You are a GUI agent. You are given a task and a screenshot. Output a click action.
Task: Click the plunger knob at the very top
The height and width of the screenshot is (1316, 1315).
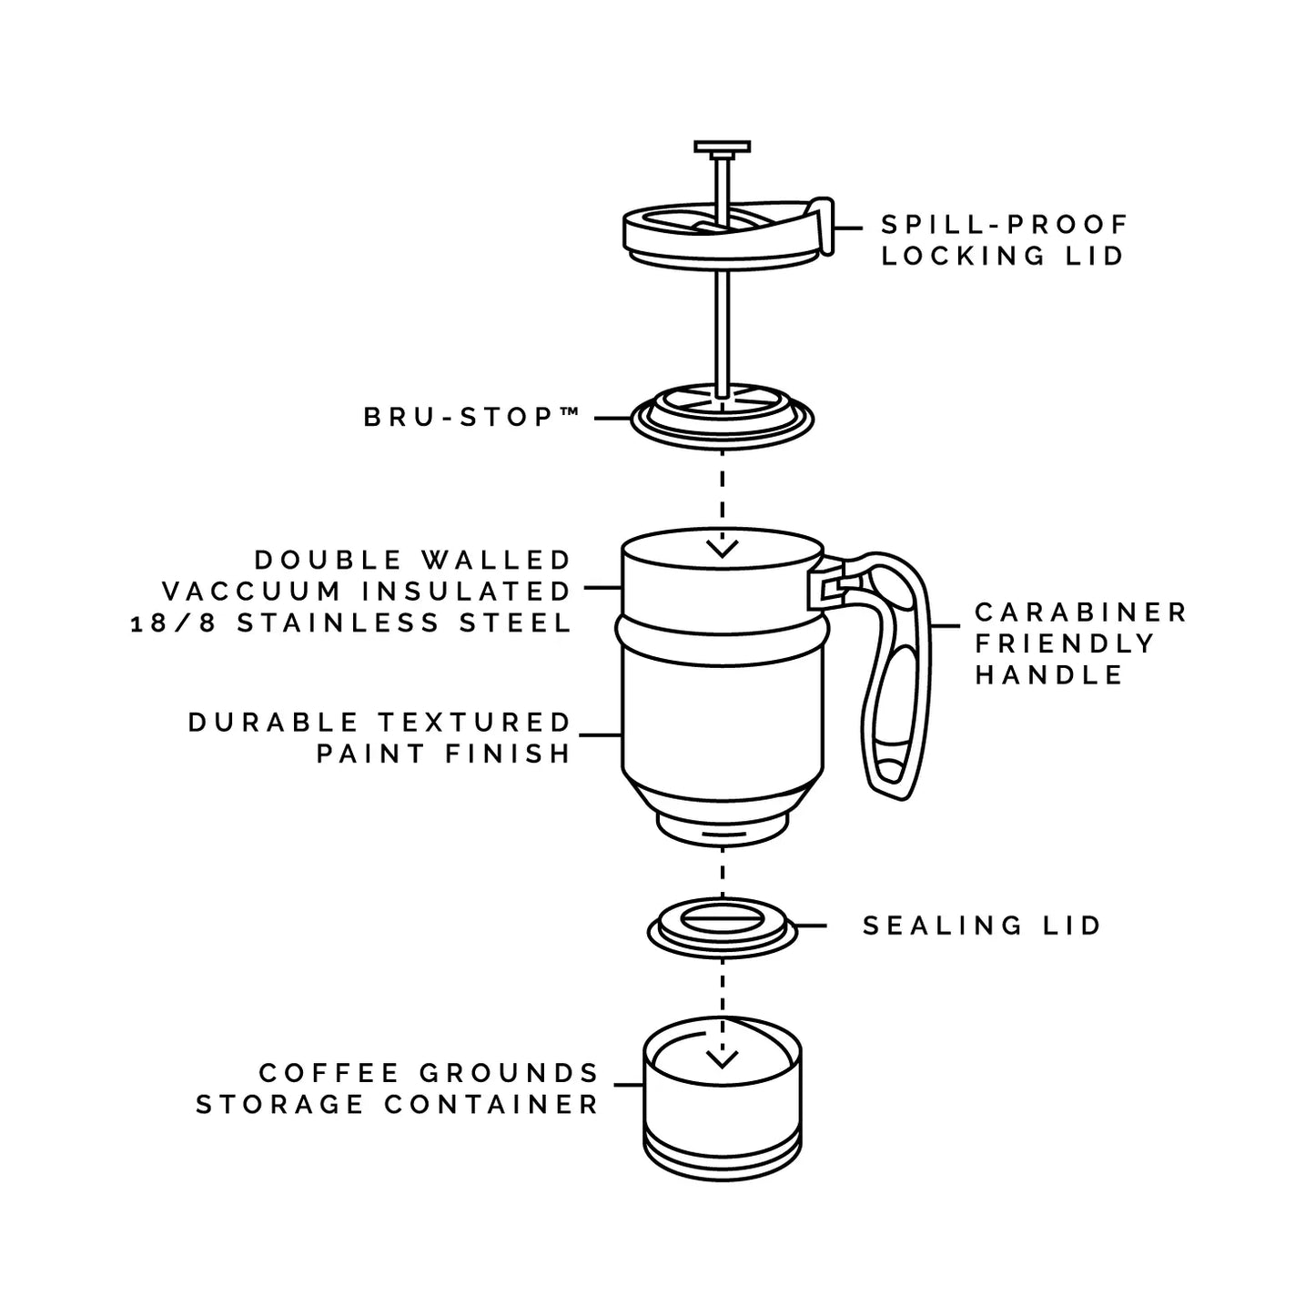tap(722, 147)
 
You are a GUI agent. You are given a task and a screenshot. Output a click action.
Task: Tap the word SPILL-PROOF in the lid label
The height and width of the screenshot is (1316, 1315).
tap(1005, 224)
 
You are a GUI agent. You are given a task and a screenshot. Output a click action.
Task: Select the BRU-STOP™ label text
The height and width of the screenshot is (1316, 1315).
tap(471, 417)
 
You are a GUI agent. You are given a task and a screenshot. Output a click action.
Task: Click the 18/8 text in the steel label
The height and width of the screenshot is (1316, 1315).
tap(173, 623)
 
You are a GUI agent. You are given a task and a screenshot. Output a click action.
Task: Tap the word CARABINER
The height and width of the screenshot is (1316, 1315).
tap(1080, 612)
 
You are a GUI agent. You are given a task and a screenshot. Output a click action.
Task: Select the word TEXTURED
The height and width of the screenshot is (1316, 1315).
tap(474, 723)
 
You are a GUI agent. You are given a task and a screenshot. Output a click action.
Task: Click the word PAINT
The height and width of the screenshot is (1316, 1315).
tap(370, 754)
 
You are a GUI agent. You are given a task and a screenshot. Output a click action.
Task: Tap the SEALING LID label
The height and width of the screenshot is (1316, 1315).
tap(982, 926)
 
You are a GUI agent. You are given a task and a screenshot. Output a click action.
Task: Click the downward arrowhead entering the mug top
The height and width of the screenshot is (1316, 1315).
tap(722, 548)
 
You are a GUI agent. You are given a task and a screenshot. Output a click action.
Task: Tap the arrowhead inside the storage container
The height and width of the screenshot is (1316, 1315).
tap(722, 1058)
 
